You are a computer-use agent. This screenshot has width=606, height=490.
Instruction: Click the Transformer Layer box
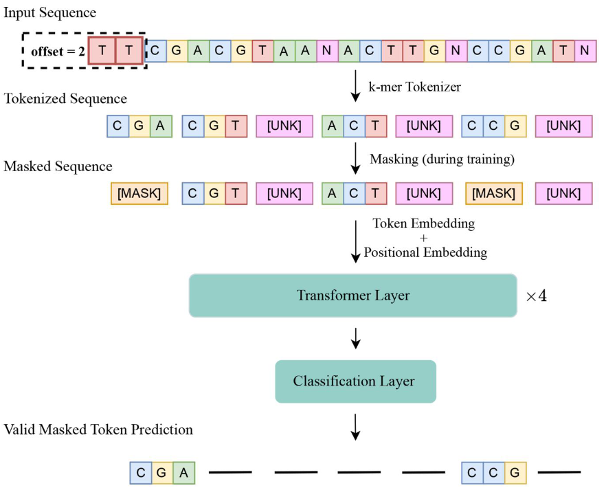[352, 296]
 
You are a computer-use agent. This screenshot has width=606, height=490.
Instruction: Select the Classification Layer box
[355, 381]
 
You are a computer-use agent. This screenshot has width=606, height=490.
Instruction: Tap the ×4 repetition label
[536, 297]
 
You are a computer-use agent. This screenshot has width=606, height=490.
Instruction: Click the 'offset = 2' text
[58, 51]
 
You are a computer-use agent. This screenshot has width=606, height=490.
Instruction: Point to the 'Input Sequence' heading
[50, 12]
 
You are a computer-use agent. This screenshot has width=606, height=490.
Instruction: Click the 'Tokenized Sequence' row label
[65, 99]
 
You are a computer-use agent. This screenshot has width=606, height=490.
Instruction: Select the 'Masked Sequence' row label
[58, 166]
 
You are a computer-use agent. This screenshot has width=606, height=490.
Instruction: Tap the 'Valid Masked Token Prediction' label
[98, 430]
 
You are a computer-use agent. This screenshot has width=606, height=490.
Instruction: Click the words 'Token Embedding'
[423, 223]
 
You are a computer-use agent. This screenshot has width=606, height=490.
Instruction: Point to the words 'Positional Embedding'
[425, 252]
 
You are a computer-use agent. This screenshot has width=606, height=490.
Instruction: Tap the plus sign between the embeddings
[423, 238]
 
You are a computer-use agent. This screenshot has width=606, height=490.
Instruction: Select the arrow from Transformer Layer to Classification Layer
[355, 337]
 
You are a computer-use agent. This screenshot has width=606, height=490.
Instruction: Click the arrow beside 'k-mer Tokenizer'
[355, 86]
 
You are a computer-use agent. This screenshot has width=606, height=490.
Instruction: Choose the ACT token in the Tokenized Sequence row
[354, 126]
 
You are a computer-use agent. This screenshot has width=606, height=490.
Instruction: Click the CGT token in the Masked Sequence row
[214, 194]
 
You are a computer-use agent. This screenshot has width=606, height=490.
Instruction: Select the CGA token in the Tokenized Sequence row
[139, 126]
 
